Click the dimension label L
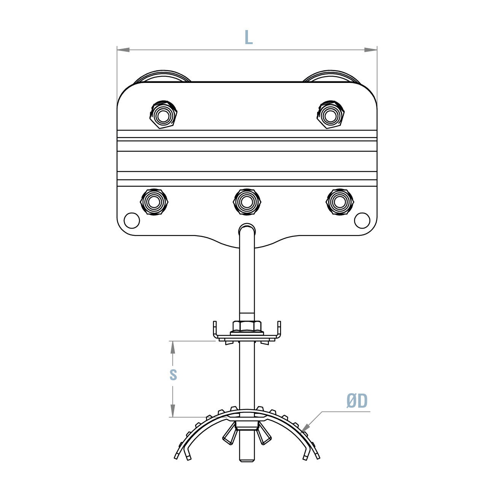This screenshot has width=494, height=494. [x=248, y=38]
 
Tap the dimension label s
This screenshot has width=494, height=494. [x=173, y=375]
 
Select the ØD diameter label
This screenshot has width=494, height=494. [x=357, y=401]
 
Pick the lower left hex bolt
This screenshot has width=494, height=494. [x=154, y=202]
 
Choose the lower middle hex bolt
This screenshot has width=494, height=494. [x=247, y=202]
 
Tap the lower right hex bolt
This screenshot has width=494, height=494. [x=340, y=202]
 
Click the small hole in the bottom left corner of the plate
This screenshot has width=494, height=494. [x=132, y=220]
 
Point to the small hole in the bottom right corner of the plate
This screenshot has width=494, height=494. [x=362, y=220]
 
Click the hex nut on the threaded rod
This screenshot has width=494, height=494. [x=247, y=326]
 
